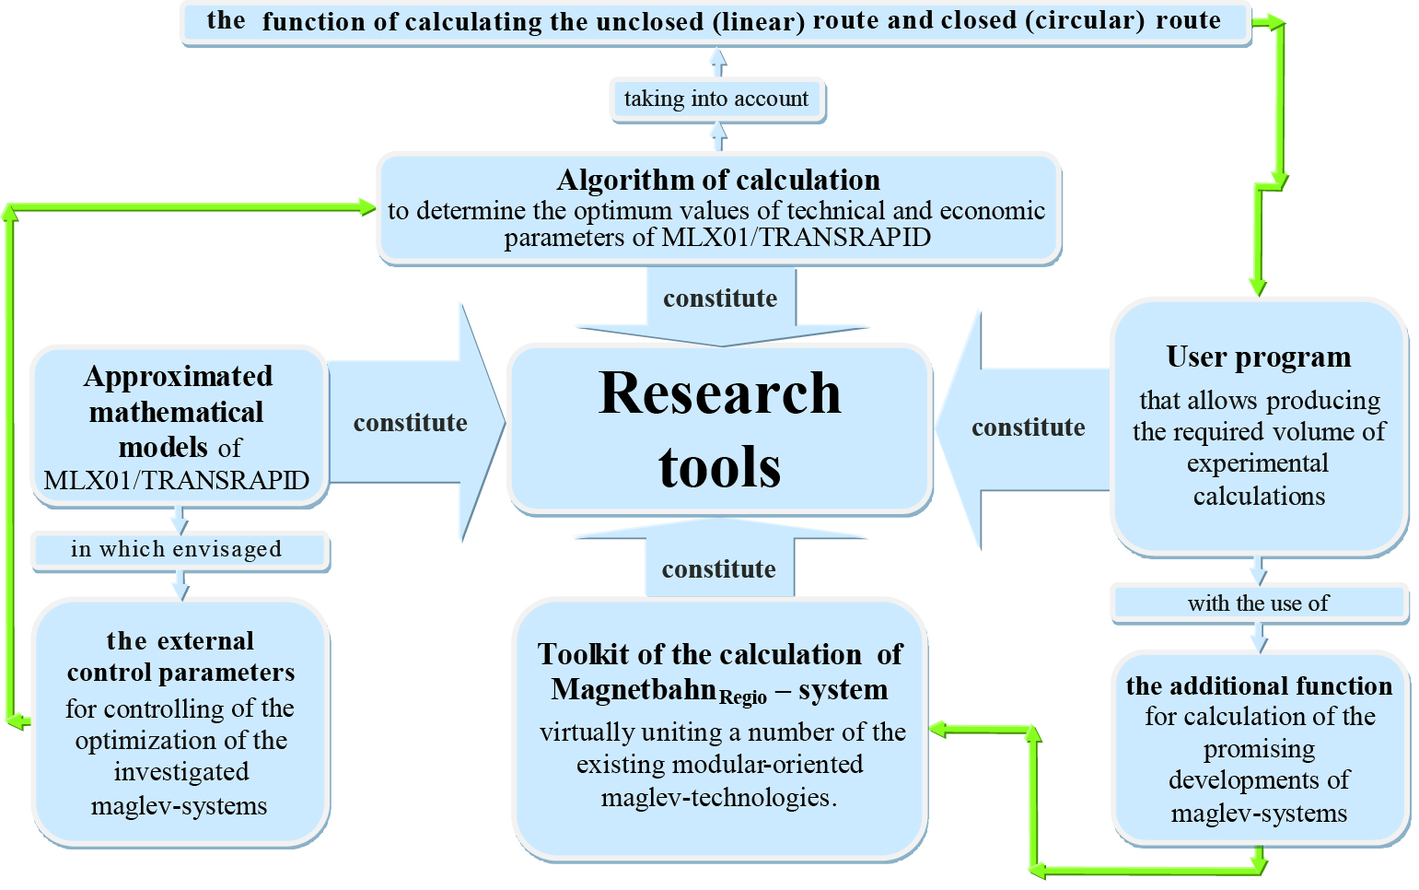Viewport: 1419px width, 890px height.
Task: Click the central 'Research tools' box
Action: coord(719,429)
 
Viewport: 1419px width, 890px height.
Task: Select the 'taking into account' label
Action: coord(716,100)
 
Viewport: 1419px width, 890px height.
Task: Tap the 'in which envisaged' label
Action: coord(177,550)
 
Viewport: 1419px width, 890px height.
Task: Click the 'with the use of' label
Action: coord(1258,603)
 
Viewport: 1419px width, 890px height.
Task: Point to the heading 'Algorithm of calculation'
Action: coord(718,180)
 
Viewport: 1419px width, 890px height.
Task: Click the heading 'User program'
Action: coord(1258,357)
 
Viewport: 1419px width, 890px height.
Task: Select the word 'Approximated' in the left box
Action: coord(178,377)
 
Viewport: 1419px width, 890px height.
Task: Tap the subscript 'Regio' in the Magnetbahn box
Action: coord(742,697)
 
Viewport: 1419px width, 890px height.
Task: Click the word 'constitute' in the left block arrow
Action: coord(410,423)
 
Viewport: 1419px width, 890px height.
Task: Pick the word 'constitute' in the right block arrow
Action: coord(1028,427)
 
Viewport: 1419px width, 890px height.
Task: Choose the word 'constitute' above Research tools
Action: coord(720,299)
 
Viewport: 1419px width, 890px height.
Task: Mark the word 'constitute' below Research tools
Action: coord(718,569)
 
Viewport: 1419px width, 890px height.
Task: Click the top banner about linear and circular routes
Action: coord(715,22)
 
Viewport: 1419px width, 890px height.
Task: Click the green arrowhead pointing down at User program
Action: coord(1258,287)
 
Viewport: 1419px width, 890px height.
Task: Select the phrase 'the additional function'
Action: coord(1259,686)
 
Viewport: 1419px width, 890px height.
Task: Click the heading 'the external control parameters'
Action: coord(180,656)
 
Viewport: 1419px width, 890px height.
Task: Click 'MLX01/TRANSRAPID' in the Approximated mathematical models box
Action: coord(177,481)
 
